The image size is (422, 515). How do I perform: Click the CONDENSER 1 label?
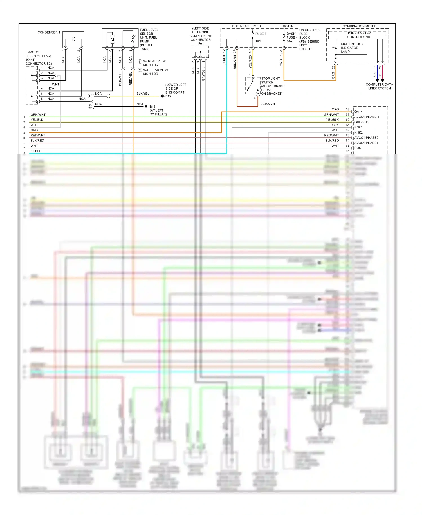pyautogui.click(x=49, y=32)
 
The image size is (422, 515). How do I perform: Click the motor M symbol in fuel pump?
pyautogui.click(x=112, y=39)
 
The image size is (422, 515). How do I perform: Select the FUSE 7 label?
pyautogui.click(x=261, y=34)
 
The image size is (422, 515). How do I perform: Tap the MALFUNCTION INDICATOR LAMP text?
pyautogui.click(x=352, y=48)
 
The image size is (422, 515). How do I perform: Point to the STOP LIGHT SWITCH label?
pyautogui.click(x=270, y=81)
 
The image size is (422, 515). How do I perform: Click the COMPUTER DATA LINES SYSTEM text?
pyautogui.click(x=379, y=86)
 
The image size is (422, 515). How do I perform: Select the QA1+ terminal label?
pyautogui.click(x=358, y=112)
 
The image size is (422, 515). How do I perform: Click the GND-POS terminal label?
pyautogui.click(x=362, y=122)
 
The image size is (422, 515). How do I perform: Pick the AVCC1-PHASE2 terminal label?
pyautogui.click(x=366, y=138)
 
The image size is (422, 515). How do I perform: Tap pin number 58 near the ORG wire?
pyautogui.click(x=347, y=109)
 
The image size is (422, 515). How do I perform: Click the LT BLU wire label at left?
pyautogui.click(x=36, y=151)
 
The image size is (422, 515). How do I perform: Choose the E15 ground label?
pyautogui.click(x=168, y=96)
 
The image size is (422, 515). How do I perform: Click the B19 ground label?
pyautogui.click(x=152, y=106)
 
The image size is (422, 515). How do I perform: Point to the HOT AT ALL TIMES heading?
pyautogui.click(x=246, y=26)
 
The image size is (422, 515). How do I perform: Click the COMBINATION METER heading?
pyautogui.click(x=359, y=26)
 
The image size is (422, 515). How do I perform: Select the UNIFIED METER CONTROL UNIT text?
pyautogui.click(x=358, y=35)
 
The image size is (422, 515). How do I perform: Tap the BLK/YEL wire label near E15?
pyautogui.click(x=143, y=94)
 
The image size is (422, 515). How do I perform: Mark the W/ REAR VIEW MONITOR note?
pyautogui.click(x=154, y=63)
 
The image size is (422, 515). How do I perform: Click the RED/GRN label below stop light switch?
pyautogui.click(x=268, y=104)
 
